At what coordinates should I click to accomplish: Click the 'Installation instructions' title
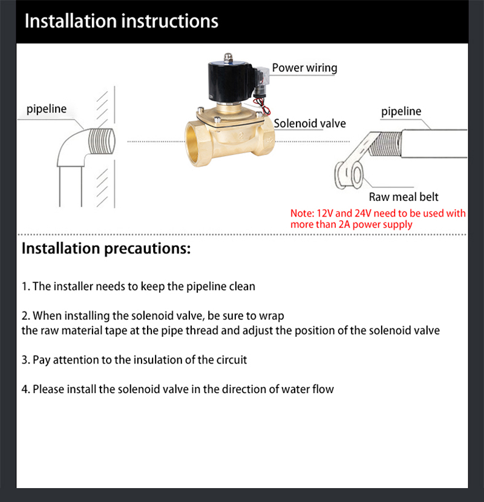122,21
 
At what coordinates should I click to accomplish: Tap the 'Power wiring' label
304,68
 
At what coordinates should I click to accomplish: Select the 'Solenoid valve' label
310,123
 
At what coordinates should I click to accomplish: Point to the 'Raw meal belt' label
404,197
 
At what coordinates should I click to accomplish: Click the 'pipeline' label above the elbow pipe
47,109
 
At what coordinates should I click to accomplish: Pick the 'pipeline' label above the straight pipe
401,111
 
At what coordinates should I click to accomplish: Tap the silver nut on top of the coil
227,57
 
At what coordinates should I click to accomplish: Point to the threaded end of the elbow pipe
101,141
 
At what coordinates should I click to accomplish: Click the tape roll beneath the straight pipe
349,175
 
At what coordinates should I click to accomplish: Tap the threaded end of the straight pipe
385,144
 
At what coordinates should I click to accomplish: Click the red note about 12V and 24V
378,219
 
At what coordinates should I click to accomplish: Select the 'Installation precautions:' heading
106,249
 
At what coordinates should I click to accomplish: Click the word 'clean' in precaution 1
242,286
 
